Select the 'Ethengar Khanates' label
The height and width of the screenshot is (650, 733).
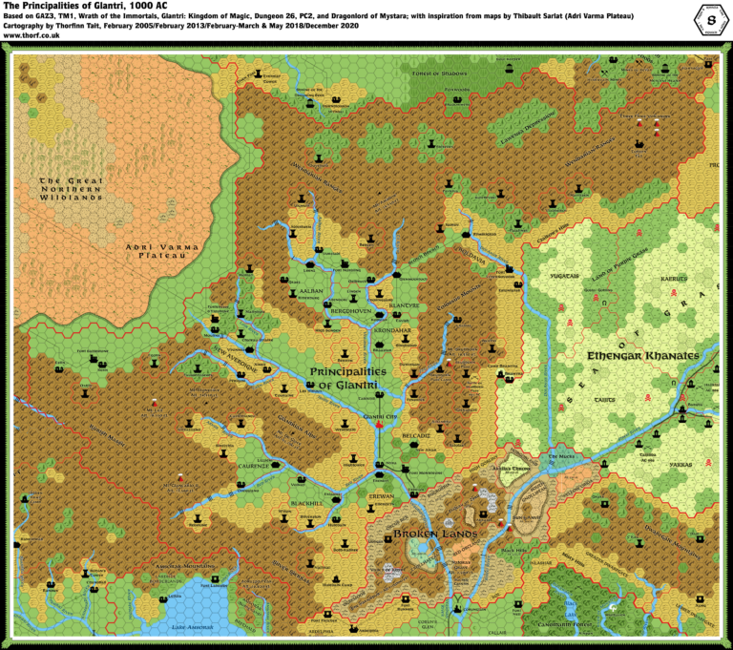click(644, 355)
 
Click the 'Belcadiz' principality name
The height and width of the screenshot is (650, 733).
click(417, 433)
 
